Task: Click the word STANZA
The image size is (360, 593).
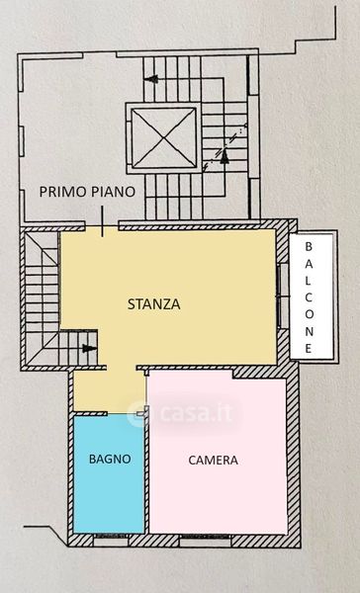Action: [x=153, y=304]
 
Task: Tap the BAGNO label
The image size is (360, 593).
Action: [x=110, y=459]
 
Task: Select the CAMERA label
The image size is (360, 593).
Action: [x=213, y=460]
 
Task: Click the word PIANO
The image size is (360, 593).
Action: [x=111, y=192]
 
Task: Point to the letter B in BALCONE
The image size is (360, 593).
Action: [x=309, y=246]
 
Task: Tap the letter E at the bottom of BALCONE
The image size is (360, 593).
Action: [x=309, y=348]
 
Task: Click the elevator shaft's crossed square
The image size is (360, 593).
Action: [x=164, y=138]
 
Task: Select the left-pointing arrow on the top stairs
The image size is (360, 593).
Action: [x=151, y=79]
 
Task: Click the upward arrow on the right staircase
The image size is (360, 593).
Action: [x=225, y=156]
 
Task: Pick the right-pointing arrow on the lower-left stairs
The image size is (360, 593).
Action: [x=89, y=348]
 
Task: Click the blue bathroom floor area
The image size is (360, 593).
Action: [x=109, y=473]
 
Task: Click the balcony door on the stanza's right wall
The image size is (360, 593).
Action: [x=283, y=296]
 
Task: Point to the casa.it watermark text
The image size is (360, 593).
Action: [x=196, y=413]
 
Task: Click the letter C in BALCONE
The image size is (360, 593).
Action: [x=309, y=297]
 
